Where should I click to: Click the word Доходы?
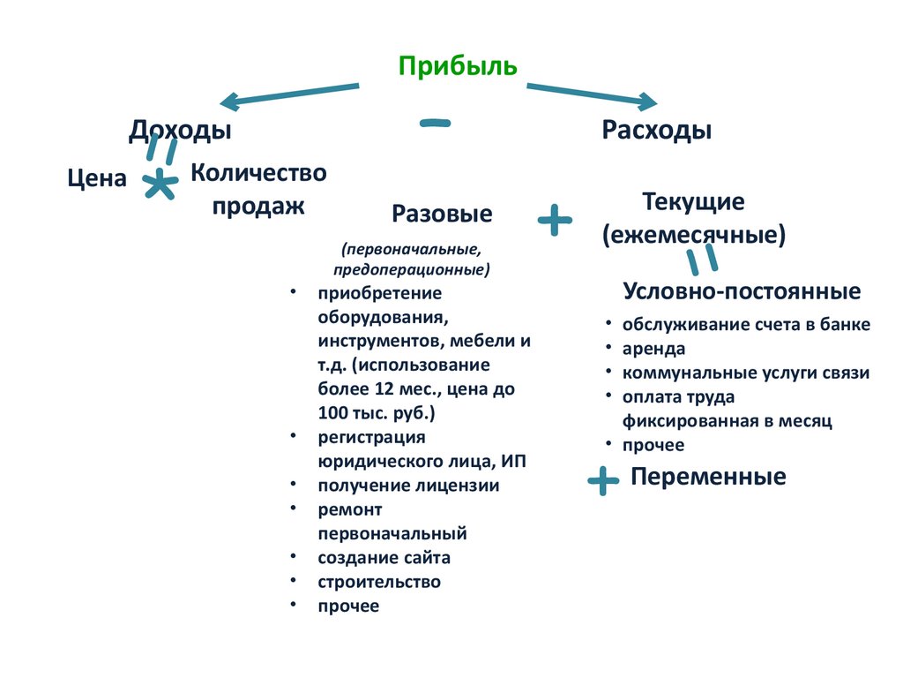pos(180,131)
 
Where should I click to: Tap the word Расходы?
pos(657,131)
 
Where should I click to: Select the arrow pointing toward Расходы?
pos(592,94)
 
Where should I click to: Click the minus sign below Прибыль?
pos(435,123)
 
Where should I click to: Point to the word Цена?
pos(97,178)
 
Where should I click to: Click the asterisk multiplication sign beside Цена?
pos(159,184)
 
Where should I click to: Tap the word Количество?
pos(258,172)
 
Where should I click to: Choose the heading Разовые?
pos(442,214)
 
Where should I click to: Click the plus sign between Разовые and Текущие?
pos(555,220)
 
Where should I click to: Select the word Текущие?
pos(694,201)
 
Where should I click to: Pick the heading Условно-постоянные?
pos(742,291)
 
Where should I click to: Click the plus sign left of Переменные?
pos(603,481)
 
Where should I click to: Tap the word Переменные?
pos(708,478)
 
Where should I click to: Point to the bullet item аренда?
pos(653,349)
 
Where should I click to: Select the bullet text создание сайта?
pos(384,558)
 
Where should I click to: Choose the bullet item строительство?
pos(379,582)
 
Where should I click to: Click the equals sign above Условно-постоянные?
pos(700,258)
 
